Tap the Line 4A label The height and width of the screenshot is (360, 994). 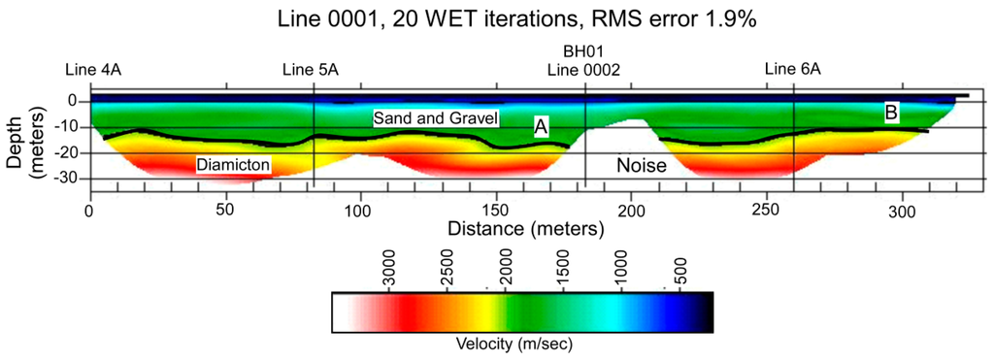92,69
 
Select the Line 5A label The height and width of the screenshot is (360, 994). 310,69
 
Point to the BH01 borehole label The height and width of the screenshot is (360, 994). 582,50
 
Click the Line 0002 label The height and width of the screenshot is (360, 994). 583,69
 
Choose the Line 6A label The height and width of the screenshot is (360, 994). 793,69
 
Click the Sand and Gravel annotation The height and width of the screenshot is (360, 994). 436,118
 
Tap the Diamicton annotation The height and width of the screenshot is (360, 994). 233,166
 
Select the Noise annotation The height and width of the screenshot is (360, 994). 642,166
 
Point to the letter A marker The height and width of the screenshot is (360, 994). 542,126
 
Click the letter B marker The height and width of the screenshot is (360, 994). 890,114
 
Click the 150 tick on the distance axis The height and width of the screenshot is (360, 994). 495,210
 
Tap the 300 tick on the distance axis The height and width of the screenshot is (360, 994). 901,210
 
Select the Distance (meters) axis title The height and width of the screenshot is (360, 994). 525,229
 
